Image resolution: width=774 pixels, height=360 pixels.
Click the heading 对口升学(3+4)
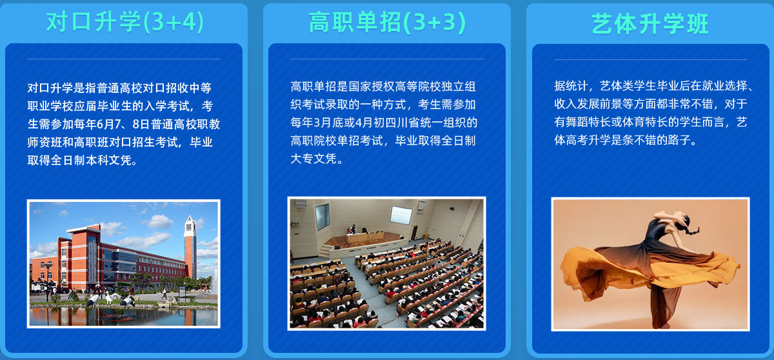(x=125, y=22)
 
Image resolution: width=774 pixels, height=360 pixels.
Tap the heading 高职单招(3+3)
(x=388, y=22)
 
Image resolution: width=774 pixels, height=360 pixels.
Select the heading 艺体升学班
(x=650, y=24)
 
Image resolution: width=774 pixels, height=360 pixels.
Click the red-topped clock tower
(x=190, y=247)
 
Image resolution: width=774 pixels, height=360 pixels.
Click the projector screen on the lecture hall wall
(x=401, y=214)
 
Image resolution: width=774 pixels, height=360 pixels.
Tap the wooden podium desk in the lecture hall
(x=364, y=237)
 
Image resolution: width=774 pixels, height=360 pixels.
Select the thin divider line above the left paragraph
(x=124, y=59)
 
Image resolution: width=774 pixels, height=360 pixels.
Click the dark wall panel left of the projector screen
(x=322, y=216)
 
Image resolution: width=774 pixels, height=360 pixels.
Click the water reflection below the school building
(x=124, y=317)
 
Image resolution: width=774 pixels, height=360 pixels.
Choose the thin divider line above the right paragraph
(x=651, y=59)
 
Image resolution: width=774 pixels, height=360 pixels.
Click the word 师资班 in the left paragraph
(x=45, y=142)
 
